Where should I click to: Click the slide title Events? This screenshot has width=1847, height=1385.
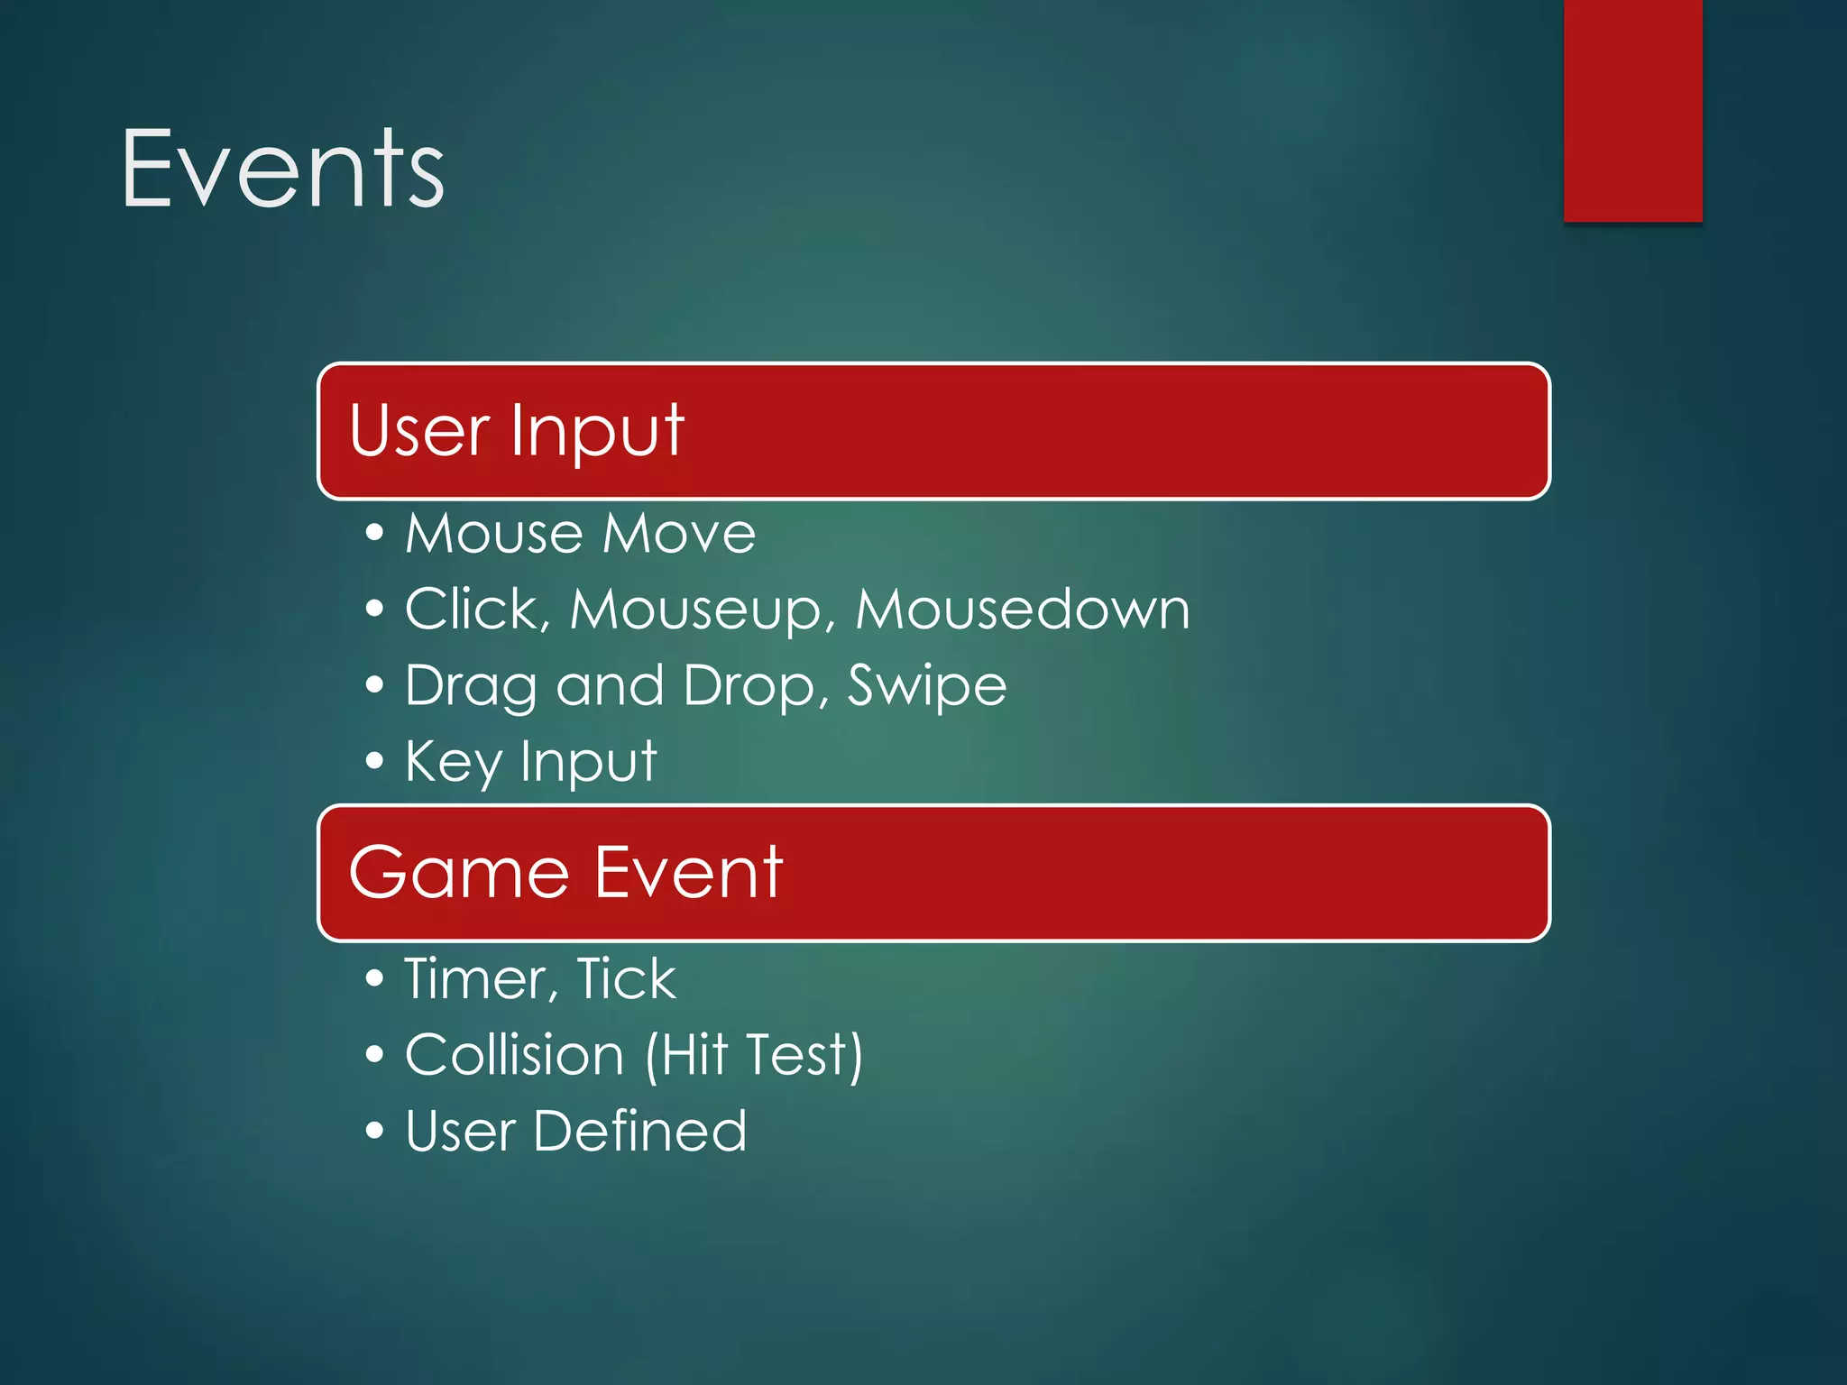pyautogui.click(x=282, y=170)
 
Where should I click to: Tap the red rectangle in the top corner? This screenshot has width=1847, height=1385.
pyautogui.click(x=1632, y=110)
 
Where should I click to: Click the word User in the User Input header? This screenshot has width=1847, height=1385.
pyautogui.click(x=418, y=430)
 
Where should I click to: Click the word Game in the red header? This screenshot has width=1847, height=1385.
pyautogui.click(x=459, y=874)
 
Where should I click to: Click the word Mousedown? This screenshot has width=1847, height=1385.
pyautogui.click(x=1022, y=610)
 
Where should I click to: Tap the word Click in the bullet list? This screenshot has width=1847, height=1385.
pyautogui.click(x=472, y=609)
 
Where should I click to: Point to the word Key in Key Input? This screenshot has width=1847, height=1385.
pyautogui.click(x=453, y=763)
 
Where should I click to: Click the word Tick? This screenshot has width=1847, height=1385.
pyautogui.click(x=626, y=978)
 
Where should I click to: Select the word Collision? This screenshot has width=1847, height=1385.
pyautogui.click(x=514, y=1054)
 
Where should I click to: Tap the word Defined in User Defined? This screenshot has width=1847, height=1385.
pyautogui.click(x=639, y=1131)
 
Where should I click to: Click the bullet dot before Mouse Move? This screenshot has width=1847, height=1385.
pyautogui.click(x=374, y=533)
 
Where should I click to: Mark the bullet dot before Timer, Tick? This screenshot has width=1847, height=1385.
pyautogui.click(x=374, y=979)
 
